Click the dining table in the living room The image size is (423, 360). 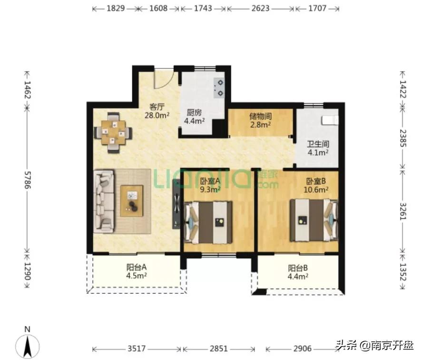[113, 132]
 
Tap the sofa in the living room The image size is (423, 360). [104, 201]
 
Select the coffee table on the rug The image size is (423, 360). [132, 200]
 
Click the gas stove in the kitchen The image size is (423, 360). [219, 88]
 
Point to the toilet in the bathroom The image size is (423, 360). [330, 120]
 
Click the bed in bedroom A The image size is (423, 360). [208, 222]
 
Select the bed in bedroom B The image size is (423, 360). [314, 220]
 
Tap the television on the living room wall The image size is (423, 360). [176, 204]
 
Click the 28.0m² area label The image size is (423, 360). [157, 115]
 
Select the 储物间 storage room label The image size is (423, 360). [260, 116]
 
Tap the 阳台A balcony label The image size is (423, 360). [137, 267]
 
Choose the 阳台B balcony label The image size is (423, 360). [298, 268]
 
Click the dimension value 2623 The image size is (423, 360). [260, 9]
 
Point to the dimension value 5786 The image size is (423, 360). [28, 180]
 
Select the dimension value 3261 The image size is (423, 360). [403, 211]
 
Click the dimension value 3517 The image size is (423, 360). [137, 349]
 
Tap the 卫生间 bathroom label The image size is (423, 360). [318, 144]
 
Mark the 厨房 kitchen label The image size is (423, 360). [194, 112]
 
